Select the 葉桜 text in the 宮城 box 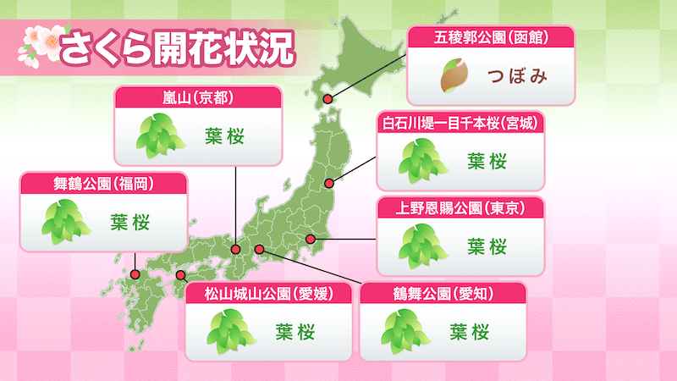point(487,160)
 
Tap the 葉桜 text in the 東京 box point(487,246)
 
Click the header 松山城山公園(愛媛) point(267,294)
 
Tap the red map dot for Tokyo point(311,240)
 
